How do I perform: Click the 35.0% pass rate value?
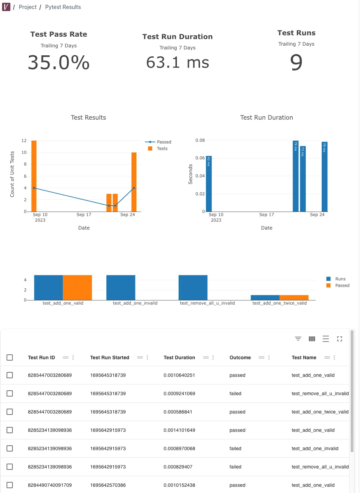[59, 63]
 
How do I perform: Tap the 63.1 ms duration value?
[178, 63]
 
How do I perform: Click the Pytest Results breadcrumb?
[63, 7]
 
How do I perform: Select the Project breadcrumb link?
[28, 7]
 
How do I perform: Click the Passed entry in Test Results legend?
[164, 142]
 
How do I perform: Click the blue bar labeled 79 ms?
[295, 176]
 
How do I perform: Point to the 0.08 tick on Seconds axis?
[200, 140]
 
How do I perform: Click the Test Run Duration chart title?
[266, 118]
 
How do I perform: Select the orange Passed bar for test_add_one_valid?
[77, 288]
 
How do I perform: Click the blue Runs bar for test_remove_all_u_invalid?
[193, 288]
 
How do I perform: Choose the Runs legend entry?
[340, 279]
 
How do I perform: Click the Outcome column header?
[240, 357]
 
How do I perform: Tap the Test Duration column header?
[179, 357]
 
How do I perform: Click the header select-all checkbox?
[10, 357]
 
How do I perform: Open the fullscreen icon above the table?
[340, 339]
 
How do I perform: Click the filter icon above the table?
[298, 339]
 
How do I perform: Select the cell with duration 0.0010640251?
[179, 375]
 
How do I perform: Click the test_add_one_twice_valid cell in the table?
[320, 412]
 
